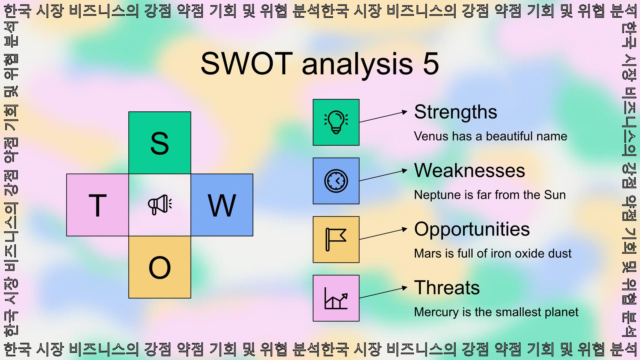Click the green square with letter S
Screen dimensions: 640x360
(160, 143)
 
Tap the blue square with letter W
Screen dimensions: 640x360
(222, 205)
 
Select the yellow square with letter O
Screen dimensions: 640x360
(160, 267)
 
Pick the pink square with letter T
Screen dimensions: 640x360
(97, 205)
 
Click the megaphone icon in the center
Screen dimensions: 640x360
(160, 205)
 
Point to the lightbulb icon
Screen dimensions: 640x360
(336, 122)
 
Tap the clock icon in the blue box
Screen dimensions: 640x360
(336, 181)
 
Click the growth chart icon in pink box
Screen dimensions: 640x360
(336, 298)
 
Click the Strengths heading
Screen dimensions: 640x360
(456, 112)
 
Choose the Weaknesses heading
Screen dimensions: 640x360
(470, 171)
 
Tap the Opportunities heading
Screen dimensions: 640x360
(472, 229)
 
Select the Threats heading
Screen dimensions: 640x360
(447, 288)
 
